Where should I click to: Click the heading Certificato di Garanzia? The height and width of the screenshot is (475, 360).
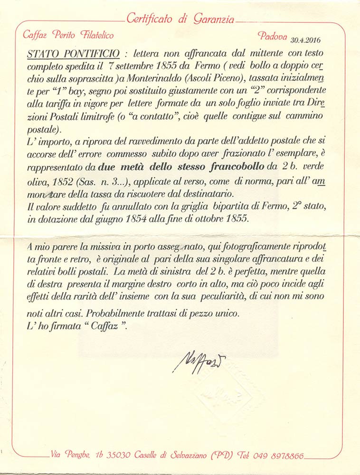[180, 19]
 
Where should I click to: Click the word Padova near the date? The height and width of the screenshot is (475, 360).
[273, 36]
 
